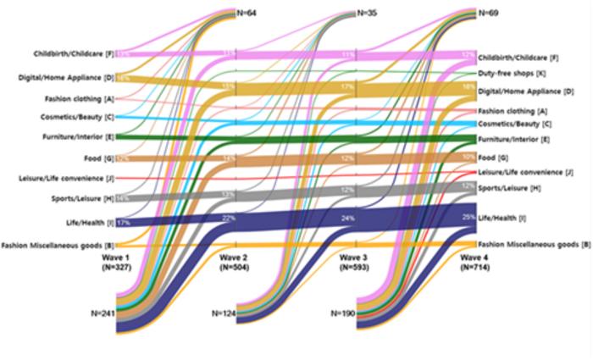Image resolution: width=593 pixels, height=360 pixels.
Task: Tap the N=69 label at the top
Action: pyautogui.click(x=490, y=13)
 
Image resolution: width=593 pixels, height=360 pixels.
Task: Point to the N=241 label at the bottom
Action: pyautogui.click(x=103, y=312)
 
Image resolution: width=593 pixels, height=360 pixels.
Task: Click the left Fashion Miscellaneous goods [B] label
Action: pyautogui.click(x=58, y=246)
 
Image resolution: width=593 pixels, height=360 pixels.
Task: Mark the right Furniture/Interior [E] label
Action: pyautogui.click(x=513, y=138)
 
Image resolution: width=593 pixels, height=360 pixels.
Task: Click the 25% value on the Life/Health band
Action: pyautogui.click(x=467, y=217)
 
